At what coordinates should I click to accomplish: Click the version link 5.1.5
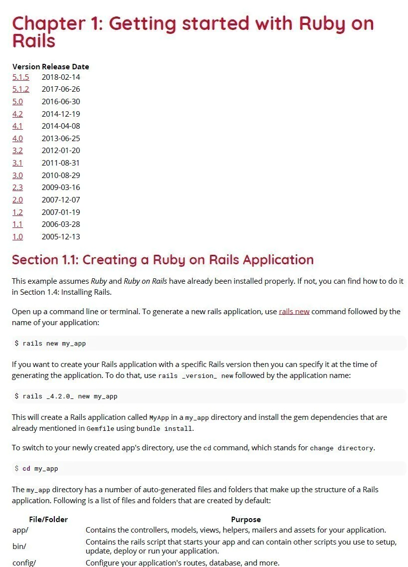20,77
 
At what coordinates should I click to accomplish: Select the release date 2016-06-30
60,101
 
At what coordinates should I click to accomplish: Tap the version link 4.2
17,114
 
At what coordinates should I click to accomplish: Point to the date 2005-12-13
60,236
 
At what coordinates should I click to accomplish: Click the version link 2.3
17,187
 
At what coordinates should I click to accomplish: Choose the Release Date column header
65,66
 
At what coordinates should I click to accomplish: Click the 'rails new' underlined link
294,311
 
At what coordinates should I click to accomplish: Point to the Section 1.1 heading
163,260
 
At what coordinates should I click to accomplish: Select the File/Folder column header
48,519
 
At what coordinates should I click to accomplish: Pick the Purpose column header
245,519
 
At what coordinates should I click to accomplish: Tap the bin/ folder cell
19,546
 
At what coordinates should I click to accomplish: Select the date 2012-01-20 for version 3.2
60,150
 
